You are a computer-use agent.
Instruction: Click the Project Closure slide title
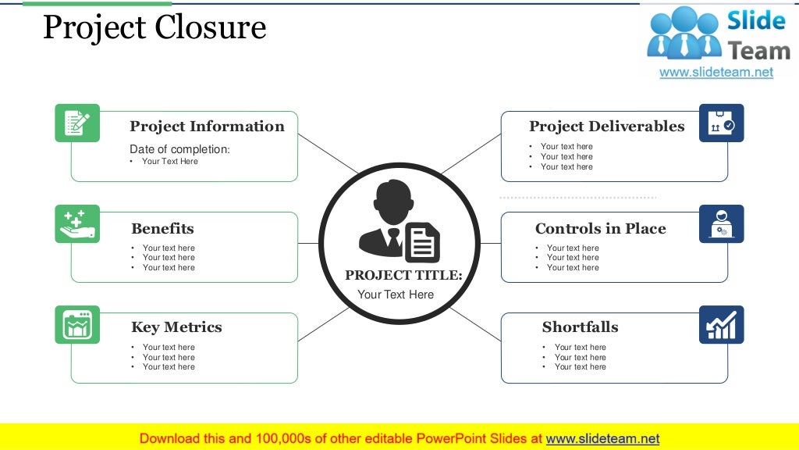[154, 28]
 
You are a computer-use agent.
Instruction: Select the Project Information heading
[207, 127]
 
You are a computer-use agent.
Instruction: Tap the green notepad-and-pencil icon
[77, 123]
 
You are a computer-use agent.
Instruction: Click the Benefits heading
[162, 229]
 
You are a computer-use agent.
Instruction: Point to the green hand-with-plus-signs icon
[77, 223]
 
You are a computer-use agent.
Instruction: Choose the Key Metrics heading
[176, 327]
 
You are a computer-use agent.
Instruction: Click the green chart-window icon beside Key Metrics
[77, 324]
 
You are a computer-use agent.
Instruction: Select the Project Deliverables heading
[606, 127]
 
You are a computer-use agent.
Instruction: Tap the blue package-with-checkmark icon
[721, 123]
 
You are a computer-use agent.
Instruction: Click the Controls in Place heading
[600, 229]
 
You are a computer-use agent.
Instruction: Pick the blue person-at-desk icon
[721, 223]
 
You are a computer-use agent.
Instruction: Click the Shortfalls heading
[580, 327]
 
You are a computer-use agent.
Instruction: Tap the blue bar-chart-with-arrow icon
[721, 324]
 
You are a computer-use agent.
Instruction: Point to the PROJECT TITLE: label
[403, 275]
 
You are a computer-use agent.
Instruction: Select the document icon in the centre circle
[422, 242]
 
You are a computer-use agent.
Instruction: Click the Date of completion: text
[179, 149]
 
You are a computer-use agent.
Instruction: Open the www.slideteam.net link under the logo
[716, 72]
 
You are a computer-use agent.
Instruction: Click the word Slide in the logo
[755, 20]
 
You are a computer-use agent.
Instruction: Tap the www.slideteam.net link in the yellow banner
[602, 438]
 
